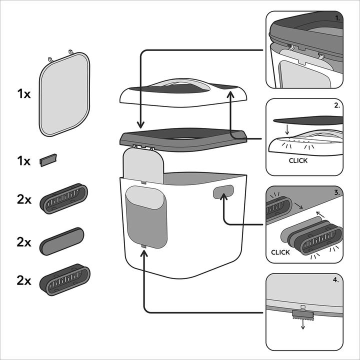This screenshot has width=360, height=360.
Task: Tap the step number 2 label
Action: pos(337,106)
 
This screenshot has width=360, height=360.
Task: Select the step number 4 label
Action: pos(335,280)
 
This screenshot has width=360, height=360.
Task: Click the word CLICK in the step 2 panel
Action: pos(298,161)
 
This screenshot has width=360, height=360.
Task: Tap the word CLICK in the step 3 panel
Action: pos(280,252)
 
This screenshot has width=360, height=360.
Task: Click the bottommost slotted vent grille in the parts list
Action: pos(65,280)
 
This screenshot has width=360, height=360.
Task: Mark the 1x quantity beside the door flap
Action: pos(23,94)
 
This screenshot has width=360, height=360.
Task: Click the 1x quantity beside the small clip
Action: pos(23,161)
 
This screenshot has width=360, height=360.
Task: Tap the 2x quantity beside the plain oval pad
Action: pos(23,242)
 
